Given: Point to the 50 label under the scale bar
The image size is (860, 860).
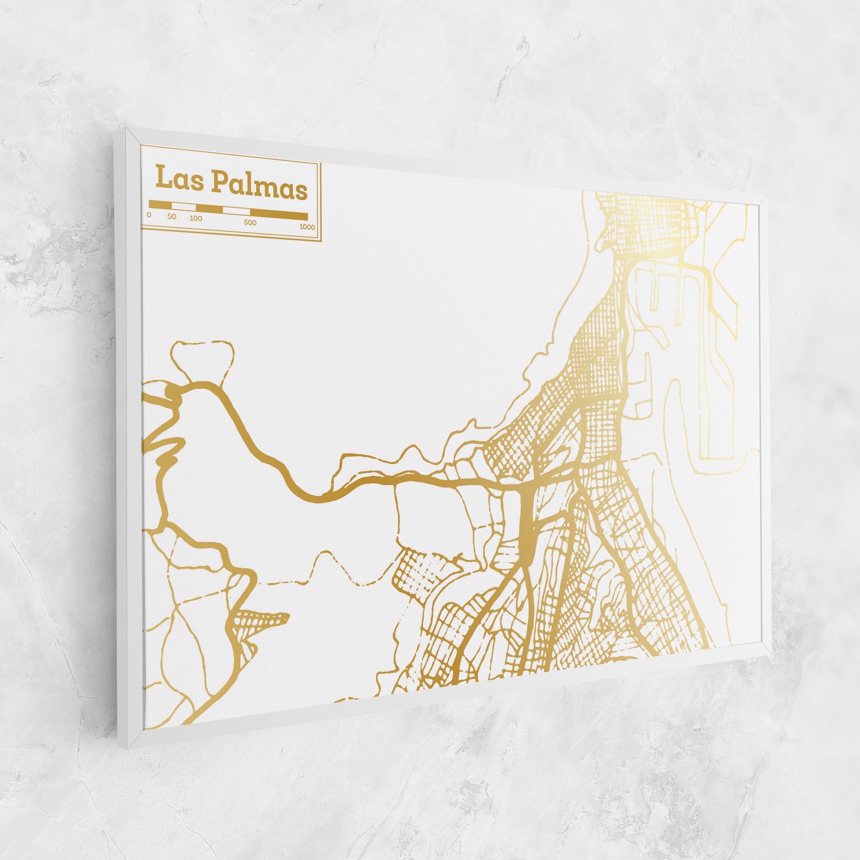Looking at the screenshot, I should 172,216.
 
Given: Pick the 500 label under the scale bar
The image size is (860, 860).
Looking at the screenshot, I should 250,222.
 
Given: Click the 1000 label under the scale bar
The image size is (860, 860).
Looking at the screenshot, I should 307,227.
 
